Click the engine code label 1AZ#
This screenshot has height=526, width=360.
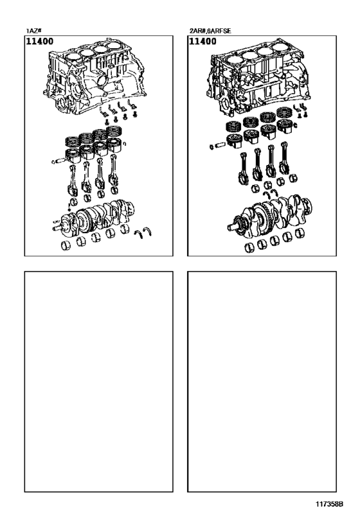(x=33, y=30)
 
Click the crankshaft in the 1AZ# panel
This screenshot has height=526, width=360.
(x=96, y=215)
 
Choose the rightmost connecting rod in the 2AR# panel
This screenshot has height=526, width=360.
(x=286, y=161)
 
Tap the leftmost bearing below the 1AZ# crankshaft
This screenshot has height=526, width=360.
(x=66, y=243)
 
